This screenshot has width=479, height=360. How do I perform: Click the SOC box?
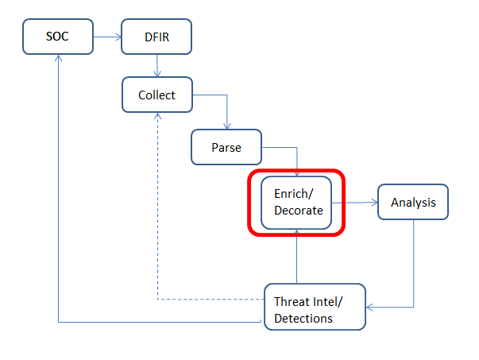click(x=58, y=37)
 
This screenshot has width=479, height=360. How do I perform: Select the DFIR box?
click(x=156, y=37)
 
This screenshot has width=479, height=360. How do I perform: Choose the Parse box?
click(x=226, y=148)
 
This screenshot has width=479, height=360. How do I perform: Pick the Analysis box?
click(x=413, y=203)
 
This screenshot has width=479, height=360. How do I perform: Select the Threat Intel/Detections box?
click(x=314, y=306)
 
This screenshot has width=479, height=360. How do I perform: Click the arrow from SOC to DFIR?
click(x=106, y=37)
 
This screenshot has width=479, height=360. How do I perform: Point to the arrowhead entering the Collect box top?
click(x=158, y=74)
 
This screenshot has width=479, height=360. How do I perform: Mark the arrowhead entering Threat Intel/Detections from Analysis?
click(x=370, y=306)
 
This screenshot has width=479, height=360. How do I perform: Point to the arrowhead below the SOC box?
click(x=59, y=60)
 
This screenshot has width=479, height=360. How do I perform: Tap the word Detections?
click(x=303, y=319)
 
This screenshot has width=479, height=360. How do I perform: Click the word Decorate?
click(x=298, y=211)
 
